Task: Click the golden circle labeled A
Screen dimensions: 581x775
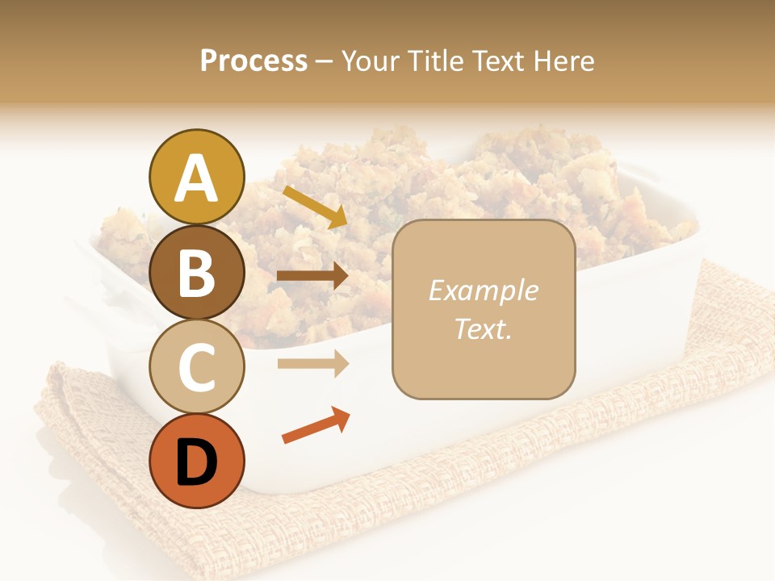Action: coord(197,177)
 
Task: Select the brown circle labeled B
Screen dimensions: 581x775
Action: coord(197,272)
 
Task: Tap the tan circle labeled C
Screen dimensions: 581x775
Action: coord(197,366)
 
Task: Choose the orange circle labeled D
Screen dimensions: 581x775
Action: coord(197,461)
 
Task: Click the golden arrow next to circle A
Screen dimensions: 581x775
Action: coord(315,207)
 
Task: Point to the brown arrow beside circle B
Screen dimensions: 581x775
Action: coord(312,276)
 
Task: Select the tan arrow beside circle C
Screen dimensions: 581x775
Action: coord(312,364)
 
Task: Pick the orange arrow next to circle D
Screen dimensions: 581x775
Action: coord(316,425)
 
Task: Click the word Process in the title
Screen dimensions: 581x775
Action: coord(253,61)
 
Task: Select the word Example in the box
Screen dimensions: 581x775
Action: coord(483,290)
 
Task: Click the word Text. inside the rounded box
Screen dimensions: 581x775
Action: coord(483,329)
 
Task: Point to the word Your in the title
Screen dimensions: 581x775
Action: coord(371,61)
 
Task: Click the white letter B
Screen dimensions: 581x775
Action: coord(197,272)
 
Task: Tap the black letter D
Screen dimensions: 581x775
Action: coord(197,462)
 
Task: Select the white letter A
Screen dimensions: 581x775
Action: coord(197,178)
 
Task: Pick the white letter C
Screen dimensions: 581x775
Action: coord(197,367)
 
